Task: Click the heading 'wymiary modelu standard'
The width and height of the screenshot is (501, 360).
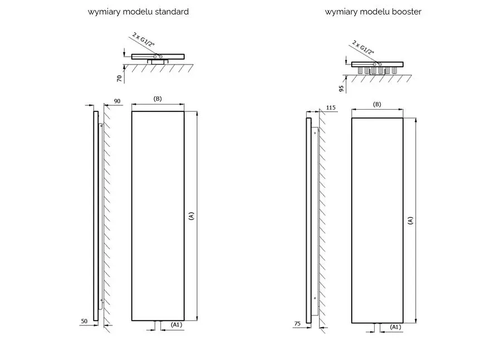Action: pyautogui.click(x=138, y=12)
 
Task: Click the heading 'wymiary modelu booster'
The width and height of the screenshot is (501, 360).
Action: pyautogui.click(x=373, y=12)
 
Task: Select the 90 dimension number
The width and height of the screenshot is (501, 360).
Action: pyautogui.click(x=117, y=101)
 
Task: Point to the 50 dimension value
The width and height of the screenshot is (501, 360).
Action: pyautogui.click(x=84, y=322)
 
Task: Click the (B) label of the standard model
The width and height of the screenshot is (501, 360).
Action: pyautogui.click(x=157, y=98)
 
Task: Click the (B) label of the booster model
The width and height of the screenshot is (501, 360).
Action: pyautogui.click(x=377, y=104)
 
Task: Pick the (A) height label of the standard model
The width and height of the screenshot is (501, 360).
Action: pyautogui.click(x=191, y=215)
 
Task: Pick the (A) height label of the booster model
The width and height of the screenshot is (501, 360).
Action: pyautogui.click(x=410, y=220)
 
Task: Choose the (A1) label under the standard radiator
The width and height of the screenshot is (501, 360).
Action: pyautogui.click(x=176, y=324)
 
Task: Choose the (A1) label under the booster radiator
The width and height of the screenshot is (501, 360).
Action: pyautogui.click(x=396, y=327)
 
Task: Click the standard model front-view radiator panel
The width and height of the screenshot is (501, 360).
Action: pyautogui.click(x=158, y=215)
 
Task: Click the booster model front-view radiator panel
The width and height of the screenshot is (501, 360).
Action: pyautogui.click(x=377, y=220)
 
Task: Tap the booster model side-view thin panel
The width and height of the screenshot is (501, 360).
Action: pyautogui.click(x=309, y=220)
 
